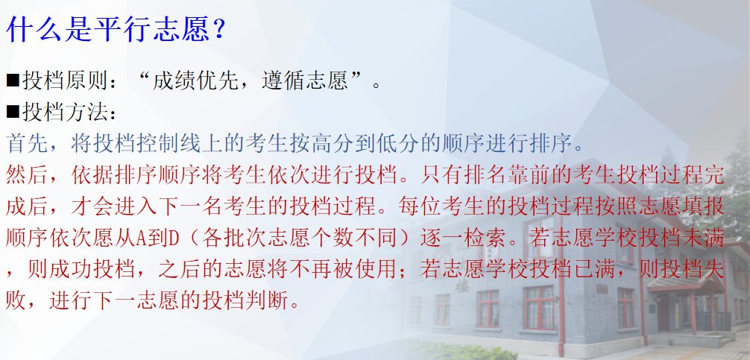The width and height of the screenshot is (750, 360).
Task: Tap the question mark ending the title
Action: point(218,30)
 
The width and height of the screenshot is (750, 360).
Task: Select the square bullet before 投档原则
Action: point(13,81)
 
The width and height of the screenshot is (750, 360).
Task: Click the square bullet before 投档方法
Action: point(13,112)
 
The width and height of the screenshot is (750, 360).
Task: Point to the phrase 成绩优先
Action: point(195,81)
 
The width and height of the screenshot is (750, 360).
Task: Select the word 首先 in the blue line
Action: point(28,143)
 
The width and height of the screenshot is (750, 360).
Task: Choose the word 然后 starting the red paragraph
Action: point(28,175)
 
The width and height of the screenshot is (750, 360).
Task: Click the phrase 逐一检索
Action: point(464,239)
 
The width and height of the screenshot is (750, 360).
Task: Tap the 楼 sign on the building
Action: point(462,285)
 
